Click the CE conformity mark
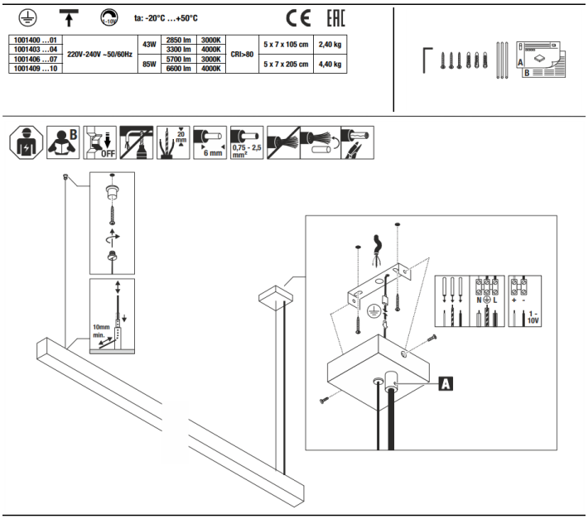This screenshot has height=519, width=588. (x=297, y=17)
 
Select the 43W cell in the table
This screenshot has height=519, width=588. (x=149, y=44)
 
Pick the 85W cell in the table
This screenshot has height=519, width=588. (x=149, y=64)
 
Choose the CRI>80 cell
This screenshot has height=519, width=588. (x=241, y=54)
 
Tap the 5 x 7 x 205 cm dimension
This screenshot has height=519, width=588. (x=285, y=64)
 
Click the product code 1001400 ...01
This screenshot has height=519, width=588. (x=34, y=39)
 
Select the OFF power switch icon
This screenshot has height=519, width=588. (x=99, y=143)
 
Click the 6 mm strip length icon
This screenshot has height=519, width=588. (x=210, y=143)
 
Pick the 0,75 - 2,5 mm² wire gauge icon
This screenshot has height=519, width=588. (x=247, y=143)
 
